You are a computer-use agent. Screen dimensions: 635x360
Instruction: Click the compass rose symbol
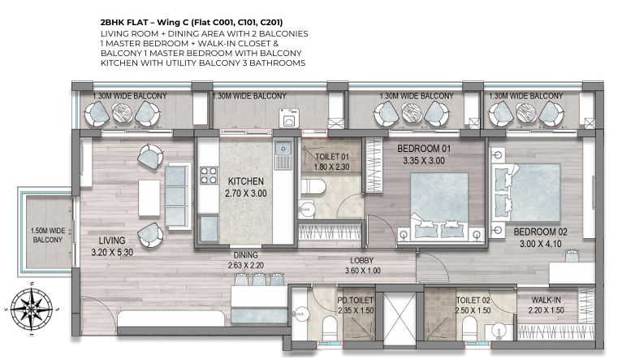pos(32,309)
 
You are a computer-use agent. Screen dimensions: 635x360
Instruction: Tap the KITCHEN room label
pos(246,181)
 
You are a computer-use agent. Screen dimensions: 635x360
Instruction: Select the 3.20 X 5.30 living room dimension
pos(112,252)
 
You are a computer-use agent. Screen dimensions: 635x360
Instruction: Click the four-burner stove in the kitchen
pos(209,176)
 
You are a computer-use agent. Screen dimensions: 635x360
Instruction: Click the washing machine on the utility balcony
pos(289,119)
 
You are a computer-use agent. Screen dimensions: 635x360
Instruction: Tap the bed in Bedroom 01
pos(439,206)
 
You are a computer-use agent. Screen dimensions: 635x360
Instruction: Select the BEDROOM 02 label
pos(540,232)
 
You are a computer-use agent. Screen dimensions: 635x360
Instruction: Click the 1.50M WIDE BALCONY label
pos(48,235)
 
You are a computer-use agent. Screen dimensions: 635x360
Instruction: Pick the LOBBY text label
pos(361,261)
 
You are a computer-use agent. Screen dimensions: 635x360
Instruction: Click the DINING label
pos(245,255)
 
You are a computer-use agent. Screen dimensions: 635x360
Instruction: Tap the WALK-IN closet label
pos(546,300)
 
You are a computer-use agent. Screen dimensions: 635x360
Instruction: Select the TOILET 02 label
pos(473,301)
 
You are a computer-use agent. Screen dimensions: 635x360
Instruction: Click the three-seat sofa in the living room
pos(177,196)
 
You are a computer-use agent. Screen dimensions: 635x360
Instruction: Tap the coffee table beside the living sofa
pos(149,197)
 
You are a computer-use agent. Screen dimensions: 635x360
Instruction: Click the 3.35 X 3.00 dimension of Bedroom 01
pos(424,161)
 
